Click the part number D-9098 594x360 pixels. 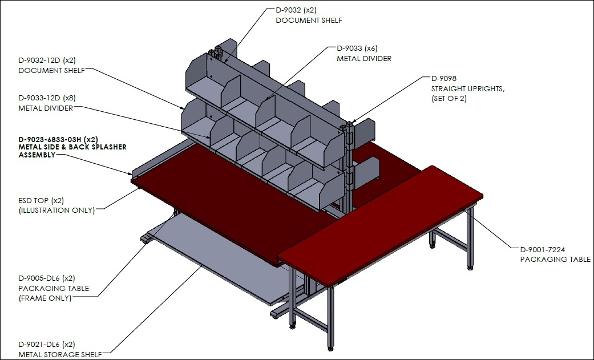(x=444, y=78)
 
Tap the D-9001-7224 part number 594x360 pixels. (x=543, y=249)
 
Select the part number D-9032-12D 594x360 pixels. (x=39, y=60)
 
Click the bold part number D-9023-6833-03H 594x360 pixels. (x=50, y=139)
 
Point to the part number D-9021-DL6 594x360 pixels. (x=39, y=345)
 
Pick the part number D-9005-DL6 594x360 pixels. (x=39, y=278)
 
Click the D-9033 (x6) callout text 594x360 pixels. (x=357, y=48)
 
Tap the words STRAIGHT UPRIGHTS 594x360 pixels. (x=468, y=88)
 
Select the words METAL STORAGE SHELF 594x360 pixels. (x=60, y=355)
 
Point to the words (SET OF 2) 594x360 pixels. (x=449, y=99)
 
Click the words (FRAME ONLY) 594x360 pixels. (x=45, y=298)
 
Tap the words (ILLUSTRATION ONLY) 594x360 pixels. (x=57, y=211)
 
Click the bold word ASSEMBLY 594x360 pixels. (x=37, y=155)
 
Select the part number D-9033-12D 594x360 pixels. (x=39, y=98)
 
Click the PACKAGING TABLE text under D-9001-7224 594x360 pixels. (x=555, y=260)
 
